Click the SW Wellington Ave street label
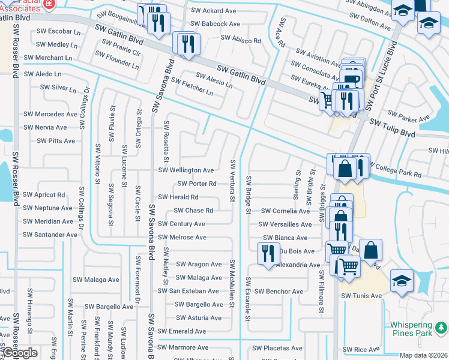point(185,170)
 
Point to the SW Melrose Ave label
point(182,238)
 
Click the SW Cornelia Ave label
point(285,211)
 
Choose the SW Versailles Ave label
point(285,224)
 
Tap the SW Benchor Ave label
point(279,292)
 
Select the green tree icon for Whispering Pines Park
point(441,328)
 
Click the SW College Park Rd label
point(396,174)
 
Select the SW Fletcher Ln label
point(192,86)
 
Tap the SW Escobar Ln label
point(58,31)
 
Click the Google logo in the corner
point(19,353)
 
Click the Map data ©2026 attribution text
point(424,355)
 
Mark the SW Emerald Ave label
point(182,331)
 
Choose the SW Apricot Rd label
point(44,195)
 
